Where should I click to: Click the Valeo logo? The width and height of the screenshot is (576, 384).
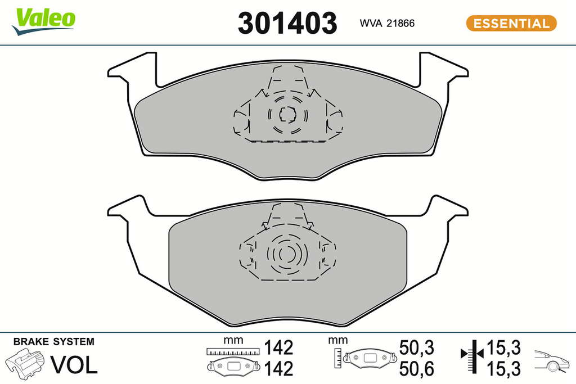click(43, 22)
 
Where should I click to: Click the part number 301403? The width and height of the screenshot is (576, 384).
click(287, 22)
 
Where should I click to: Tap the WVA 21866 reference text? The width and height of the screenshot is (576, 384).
click(387, 23)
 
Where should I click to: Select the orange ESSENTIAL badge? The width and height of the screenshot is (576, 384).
click(511, 23)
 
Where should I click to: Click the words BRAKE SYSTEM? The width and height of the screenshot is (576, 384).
click(53, 342)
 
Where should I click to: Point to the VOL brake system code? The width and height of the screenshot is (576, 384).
click(74, 365)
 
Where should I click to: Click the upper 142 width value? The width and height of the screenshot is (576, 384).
click(279, 347)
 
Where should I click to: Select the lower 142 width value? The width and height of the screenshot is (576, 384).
click(279, 369)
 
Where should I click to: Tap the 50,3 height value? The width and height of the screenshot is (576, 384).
click(417, 347)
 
